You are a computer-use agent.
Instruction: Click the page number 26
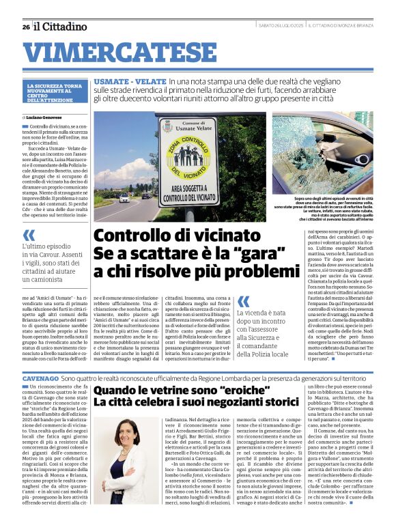click(25, 27)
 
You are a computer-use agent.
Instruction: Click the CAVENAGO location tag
click(40, 377)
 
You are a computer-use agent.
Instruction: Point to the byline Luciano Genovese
click(52, 117)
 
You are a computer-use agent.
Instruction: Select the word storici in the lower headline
click(301, 403)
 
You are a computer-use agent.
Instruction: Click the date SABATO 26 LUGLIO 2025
click(280, 26)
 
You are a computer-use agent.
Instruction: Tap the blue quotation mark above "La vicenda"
click(244, 301)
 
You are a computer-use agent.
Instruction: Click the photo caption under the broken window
click(322, 208)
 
